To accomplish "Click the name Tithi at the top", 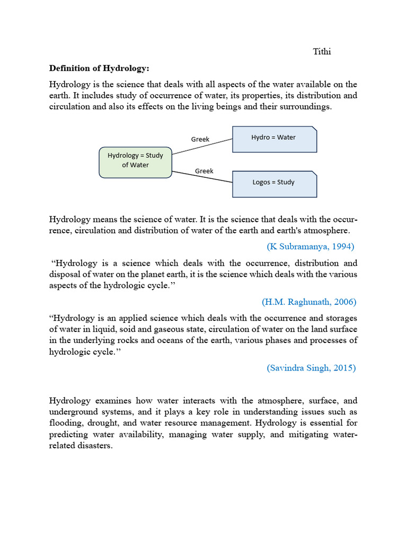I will click(x=322, y=51).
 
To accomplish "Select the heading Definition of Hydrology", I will click(x=99, y=68).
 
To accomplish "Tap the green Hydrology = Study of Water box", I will click(x=136, y=161).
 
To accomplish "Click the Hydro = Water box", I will click(x=274, y=139).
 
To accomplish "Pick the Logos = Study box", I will click(x=274, y=183).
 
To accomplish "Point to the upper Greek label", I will click(x=200, y=139).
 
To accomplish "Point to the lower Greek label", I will click(x=204, y=171).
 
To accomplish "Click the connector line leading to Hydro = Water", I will click(x=202, y=147).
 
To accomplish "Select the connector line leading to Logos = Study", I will click(x=202, y=175).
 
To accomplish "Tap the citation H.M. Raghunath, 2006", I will click(x=309, y=302).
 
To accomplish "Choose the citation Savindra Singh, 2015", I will click(x=311, y=368).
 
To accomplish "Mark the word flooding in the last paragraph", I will click(x=66, y=423).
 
